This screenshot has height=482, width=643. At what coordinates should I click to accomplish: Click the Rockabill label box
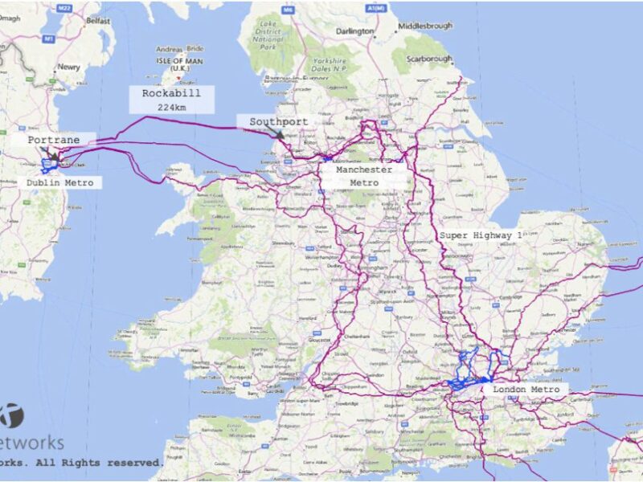pyautogui.click(x=171, y=94)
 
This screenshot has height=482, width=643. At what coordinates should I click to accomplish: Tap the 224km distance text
pyautogui.click(x=171, y=107)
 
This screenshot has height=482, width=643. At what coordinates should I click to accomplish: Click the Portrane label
pyautogui.click(x=54, y=140)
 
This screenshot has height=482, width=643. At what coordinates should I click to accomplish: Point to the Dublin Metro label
pyautogui.click(x=59, y=183)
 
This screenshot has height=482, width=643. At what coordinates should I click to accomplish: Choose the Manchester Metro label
pyautogui.click(x=364, y=176)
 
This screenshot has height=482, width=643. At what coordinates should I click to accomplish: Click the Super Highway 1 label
pyautogui.click(x=481, y=235)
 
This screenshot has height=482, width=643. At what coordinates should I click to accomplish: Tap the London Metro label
pyautogui.click(x=526, y=390)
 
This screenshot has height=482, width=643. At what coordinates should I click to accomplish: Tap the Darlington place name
pyautogui.click(x=356, y=31)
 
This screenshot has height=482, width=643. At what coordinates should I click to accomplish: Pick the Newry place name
pyautogui.click(x=68, y=67)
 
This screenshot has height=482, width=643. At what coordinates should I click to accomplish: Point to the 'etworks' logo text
pyautogui.click(x=32, y=443)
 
